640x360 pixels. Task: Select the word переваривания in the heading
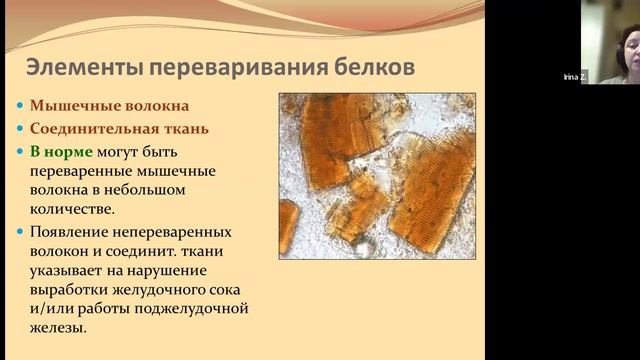(231, 68)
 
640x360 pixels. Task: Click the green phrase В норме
(61, 151)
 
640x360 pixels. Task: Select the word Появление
(72, 231)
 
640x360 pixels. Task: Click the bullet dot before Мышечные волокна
(22, 105)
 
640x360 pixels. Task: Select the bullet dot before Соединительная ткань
(22, 128)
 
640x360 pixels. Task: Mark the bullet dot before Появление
(22, 231)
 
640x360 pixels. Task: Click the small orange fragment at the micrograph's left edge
(288, 224)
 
